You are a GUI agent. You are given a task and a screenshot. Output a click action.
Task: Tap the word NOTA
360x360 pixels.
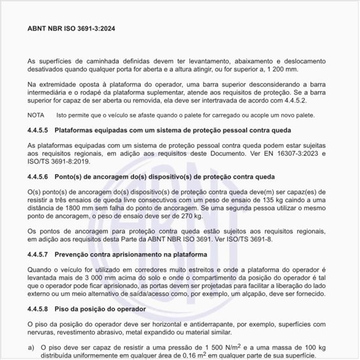[x=36, y=115]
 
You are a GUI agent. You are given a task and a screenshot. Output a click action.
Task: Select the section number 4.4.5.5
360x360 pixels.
[x=39, y=130]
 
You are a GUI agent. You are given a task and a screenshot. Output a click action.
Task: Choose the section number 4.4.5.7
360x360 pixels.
[x=39, y=253]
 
